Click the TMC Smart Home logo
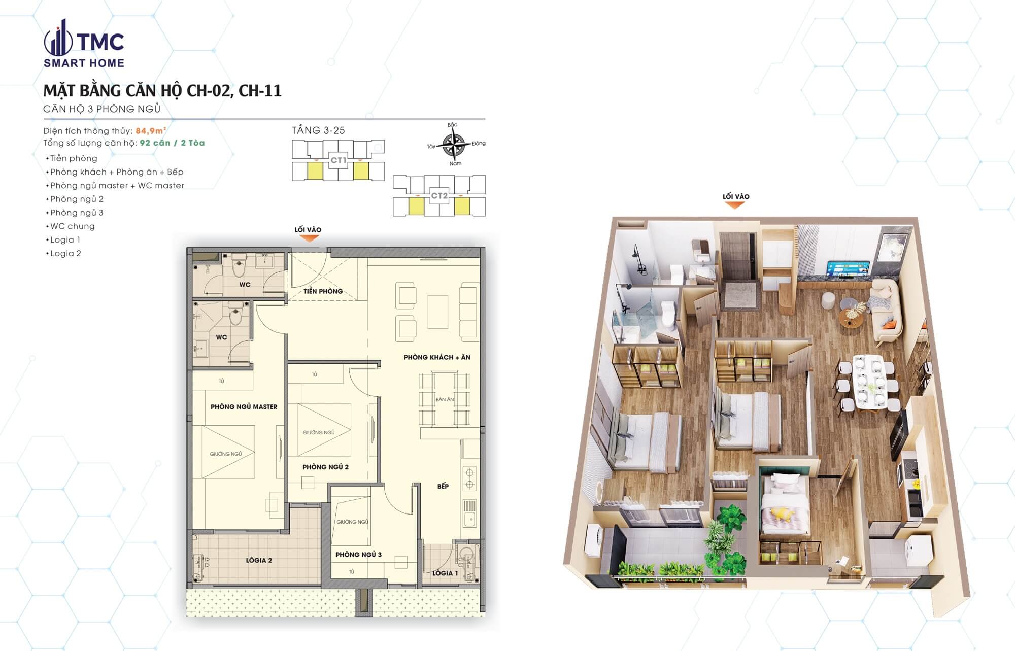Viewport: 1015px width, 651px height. (84, 44)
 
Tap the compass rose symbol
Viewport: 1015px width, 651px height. (454, 145)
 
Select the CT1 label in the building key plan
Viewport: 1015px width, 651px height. (339, 160)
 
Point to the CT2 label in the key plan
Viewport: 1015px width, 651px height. (439, 195)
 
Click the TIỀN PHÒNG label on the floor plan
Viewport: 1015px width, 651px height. (323, 291)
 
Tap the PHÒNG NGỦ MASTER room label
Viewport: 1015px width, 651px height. (244, 407)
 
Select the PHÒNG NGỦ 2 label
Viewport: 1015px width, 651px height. (325, 467)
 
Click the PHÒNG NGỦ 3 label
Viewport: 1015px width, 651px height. (358, 555)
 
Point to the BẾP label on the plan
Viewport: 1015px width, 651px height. (443, 486)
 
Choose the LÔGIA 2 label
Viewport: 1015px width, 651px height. (259, 560)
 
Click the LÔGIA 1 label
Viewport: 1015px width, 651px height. (445, 573)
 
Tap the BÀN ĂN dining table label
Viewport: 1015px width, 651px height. (445, 399)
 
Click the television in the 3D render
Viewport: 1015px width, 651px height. (848, 269)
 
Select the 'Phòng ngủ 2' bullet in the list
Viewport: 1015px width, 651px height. (77, 199)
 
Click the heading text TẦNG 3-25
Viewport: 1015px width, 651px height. (318, 130)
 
